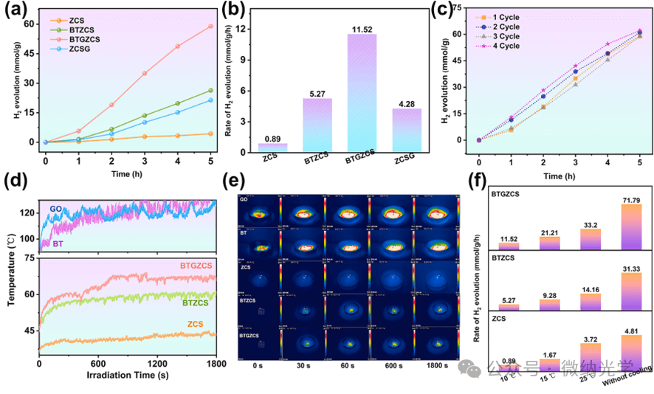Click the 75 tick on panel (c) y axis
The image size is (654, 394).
pos(465,7)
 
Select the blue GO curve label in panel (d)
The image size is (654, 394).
pos(55,209)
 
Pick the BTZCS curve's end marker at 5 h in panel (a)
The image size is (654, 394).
pos(210,91)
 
